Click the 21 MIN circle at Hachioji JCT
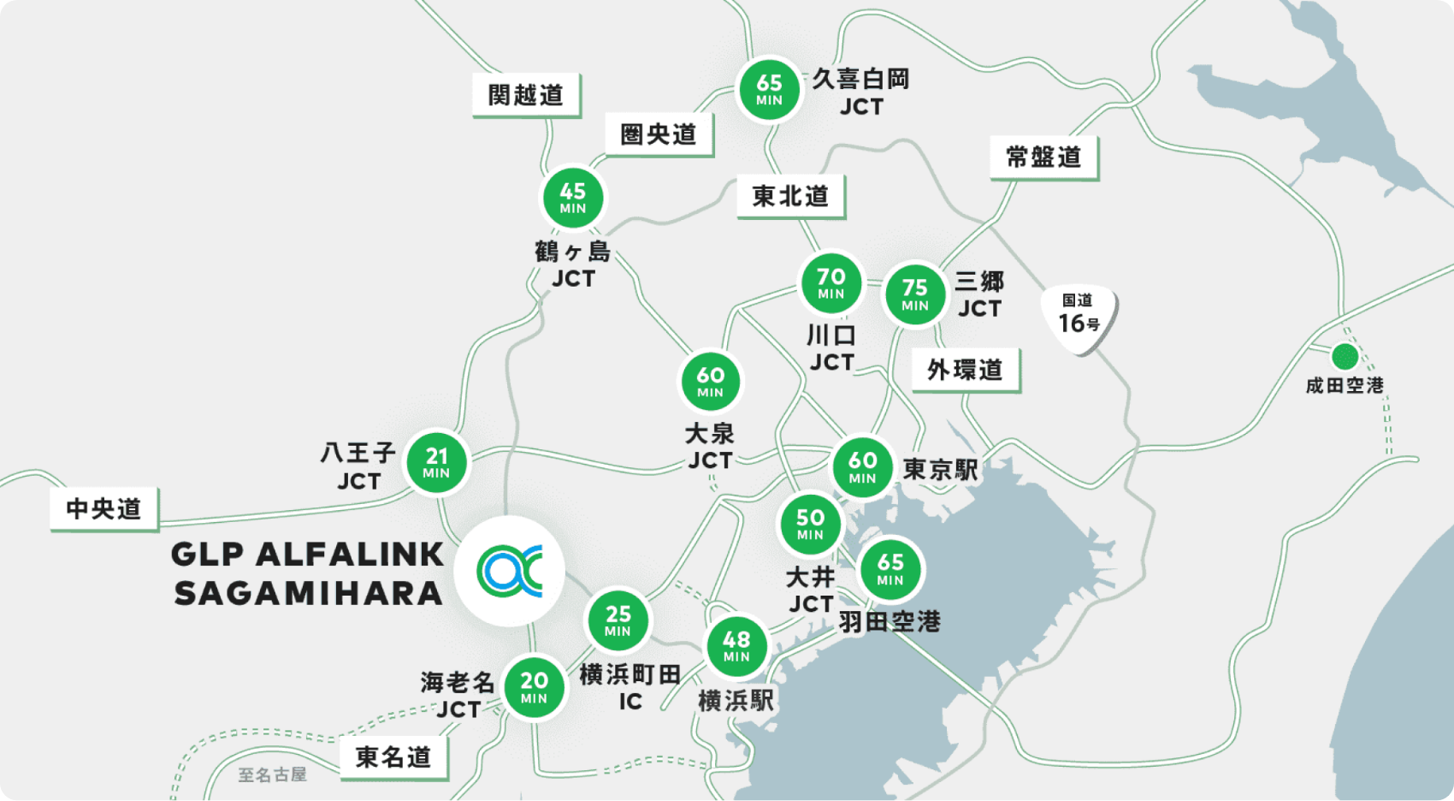(x=436, y=462)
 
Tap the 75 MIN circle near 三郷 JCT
(x=914, y=294)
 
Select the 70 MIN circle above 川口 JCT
(x=830, y=283)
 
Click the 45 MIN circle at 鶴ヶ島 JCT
(x=573, y=198)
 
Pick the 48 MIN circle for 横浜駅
(x=736, y=646)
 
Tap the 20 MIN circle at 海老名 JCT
(x=534, y=686)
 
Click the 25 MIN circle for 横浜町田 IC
(x=618, y=620)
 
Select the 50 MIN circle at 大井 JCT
(x=810, y=524)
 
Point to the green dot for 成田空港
(x=1345, y=355)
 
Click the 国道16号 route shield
(x=1079, y=317)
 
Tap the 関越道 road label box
(x=526, y=95)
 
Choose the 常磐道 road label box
(x=1043, y=157)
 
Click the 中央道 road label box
(x=104, y=509)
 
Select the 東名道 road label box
(x=393, y=757)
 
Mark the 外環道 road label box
(x=965, y=370)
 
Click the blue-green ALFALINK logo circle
(x=510, y=571)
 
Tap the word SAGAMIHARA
(x=308, y=593)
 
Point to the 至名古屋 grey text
(x=272, y=774)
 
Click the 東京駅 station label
(x=941, y=469)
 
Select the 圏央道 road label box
(x=659, y=134)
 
